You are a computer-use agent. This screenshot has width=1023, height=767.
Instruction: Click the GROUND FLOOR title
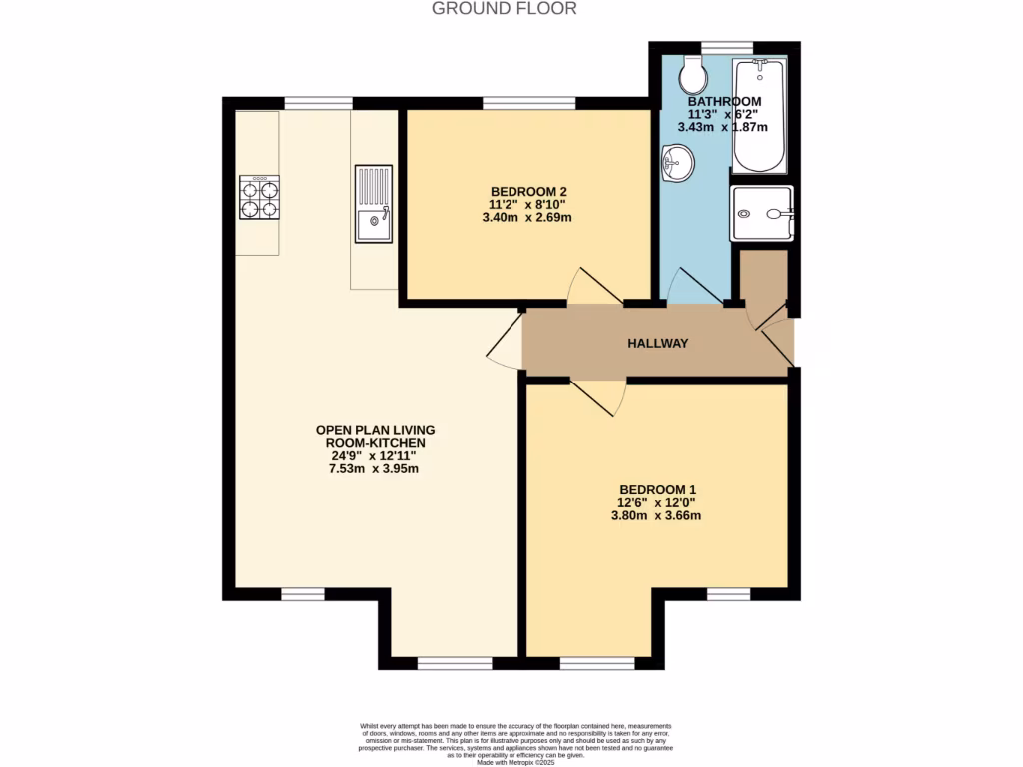(x=504, y=9)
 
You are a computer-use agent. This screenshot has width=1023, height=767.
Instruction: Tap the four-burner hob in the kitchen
(x=259, y=197)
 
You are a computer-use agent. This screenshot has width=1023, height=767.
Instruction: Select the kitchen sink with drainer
(x=374, y=204)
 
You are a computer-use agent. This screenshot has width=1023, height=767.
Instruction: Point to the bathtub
(x=759, y=116)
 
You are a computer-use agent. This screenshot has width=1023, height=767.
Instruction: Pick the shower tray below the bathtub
(x=761, y=213)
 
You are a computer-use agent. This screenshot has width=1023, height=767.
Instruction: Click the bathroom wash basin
(x=678, y=163)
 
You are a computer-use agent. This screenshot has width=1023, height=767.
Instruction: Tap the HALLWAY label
(x=657, y=343)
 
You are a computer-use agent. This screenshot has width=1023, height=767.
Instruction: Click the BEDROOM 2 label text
(x=528, y=191)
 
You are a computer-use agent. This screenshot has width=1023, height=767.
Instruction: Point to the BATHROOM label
(x=724, y=101)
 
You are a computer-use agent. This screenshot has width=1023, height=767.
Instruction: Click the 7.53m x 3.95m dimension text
(x=375, y=468)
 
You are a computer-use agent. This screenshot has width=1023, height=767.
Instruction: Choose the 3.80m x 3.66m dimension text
(x=656, y=516)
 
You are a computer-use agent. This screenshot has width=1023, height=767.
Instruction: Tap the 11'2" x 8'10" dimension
(x=528, y=204)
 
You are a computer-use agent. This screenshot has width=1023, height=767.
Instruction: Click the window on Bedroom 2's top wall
(x=528, y=102)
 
